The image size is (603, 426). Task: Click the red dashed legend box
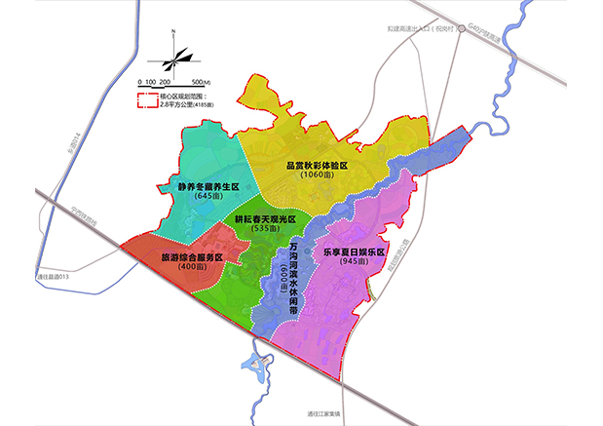pos(147,98)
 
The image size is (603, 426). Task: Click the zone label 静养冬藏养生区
pos(207,185)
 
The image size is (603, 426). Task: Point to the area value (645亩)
pos(207,196)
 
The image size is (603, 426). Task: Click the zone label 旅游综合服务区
pos(191,256)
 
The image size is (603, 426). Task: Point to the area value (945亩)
pos(354,261)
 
